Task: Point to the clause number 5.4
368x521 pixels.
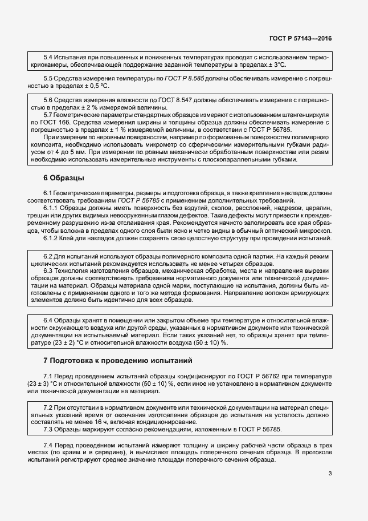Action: pos(48,58)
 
